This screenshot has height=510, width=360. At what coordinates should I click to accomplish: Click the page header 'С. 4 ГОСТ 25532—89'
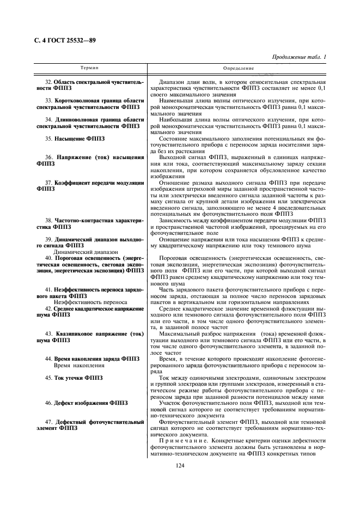pyautogui.click(x=62, y=40)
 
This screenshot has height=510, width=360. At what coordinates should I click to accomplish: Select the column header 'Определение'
pyautogui.click(x=239, y=68)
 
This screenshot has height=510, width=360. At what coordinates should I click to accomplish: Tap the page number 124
pyautogui.click(x=180, y=465)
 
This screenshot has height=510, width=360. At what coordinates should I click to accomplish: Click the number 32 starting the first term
pyautogui.click(x=48, y=82)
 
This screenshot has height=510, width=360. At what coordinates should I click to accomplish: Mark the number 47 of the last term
pyautogui.click(x=48, y=422)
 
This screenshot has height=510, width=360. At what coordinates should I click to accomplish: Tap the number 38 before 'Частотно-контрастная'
pyautogui.click(x=48, y=220)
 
